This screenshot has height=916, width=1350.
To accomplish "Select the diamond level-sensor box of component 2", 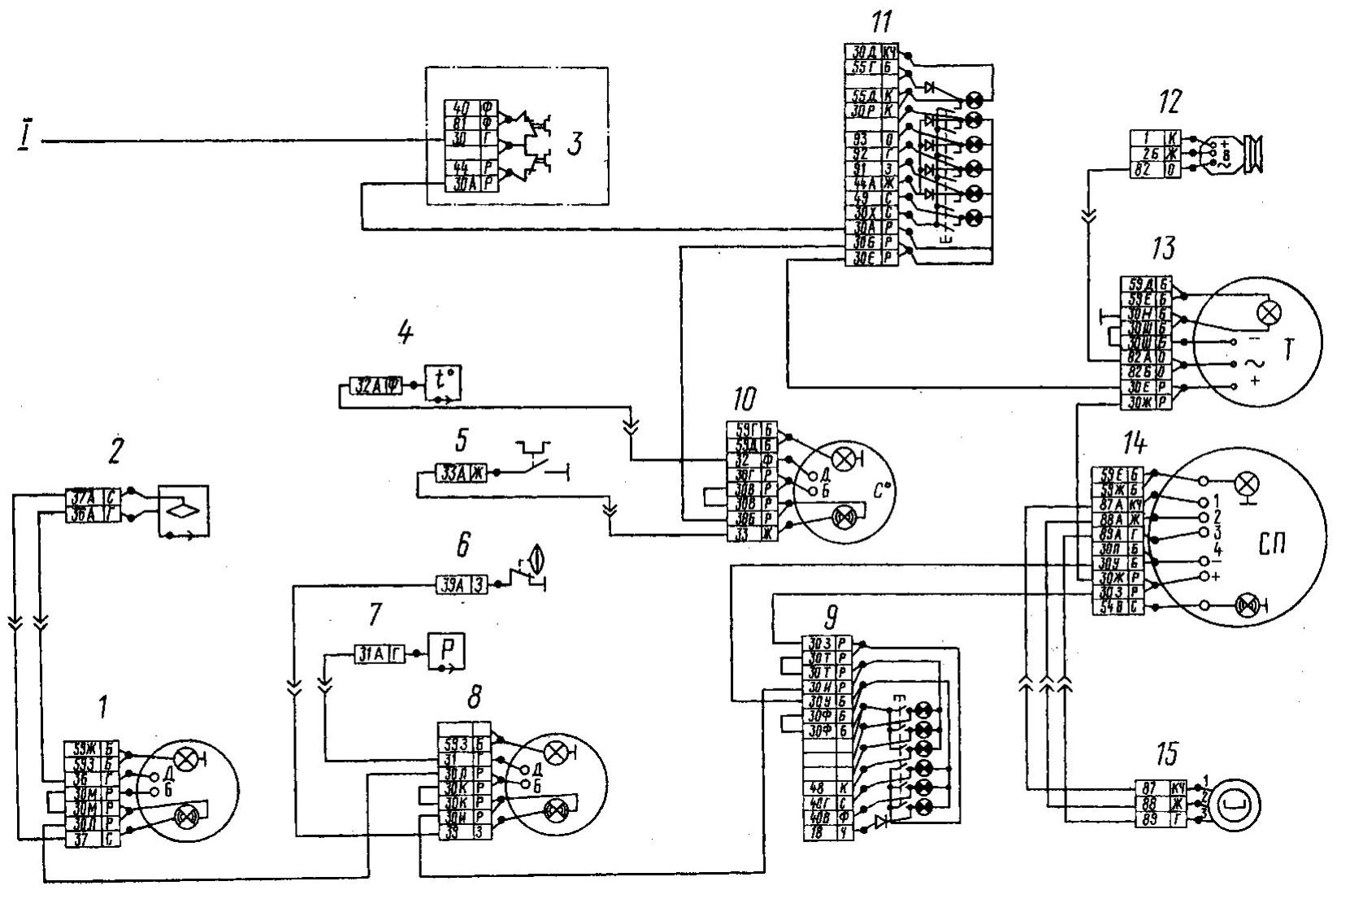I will tap(182, 512).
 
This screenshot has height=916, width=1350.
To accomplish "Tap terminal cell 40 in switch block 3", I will tap(461, 107).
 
